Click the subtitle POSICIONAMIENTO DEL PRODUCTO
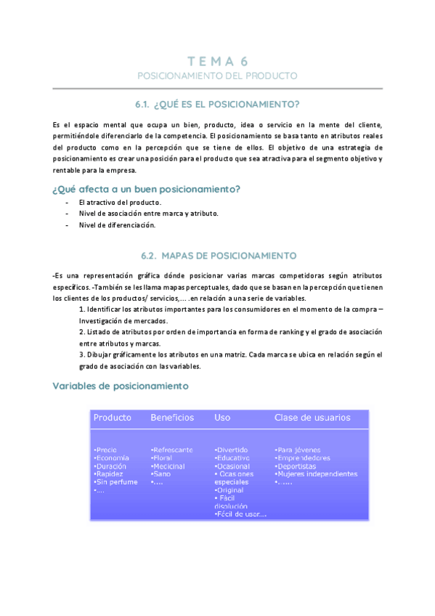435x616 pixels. [x=217, y=76]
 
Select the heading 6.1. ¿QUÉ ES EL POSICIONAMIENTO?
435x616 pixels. [x=217, y=104]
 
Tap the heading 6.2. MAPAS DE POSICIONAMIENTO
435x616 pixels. [x=217, y=256]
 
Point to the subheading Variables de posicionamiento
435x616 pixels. [x=121, y=386]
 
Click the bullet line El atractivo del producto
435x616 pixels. [x=120, y=202]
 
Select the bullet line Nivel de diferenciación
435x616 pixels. [x=117, y=225]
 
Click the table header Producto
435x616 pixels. [x=113, y=418]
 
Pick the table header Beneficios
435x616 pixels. [x=172, y=418]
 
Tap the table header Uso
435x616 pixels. [x=222, y=418]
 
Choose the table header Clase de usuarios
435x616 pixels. [x=312, y=418]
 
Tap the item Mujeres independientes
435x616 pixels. [x=317, y=474]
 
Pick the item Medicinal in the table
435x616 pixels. [x=168, y=466]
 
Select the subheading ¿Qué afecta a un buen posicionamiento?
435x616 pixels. [x=147, y=190]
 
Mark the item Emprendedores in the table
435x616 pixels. [x=303, y=458]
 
